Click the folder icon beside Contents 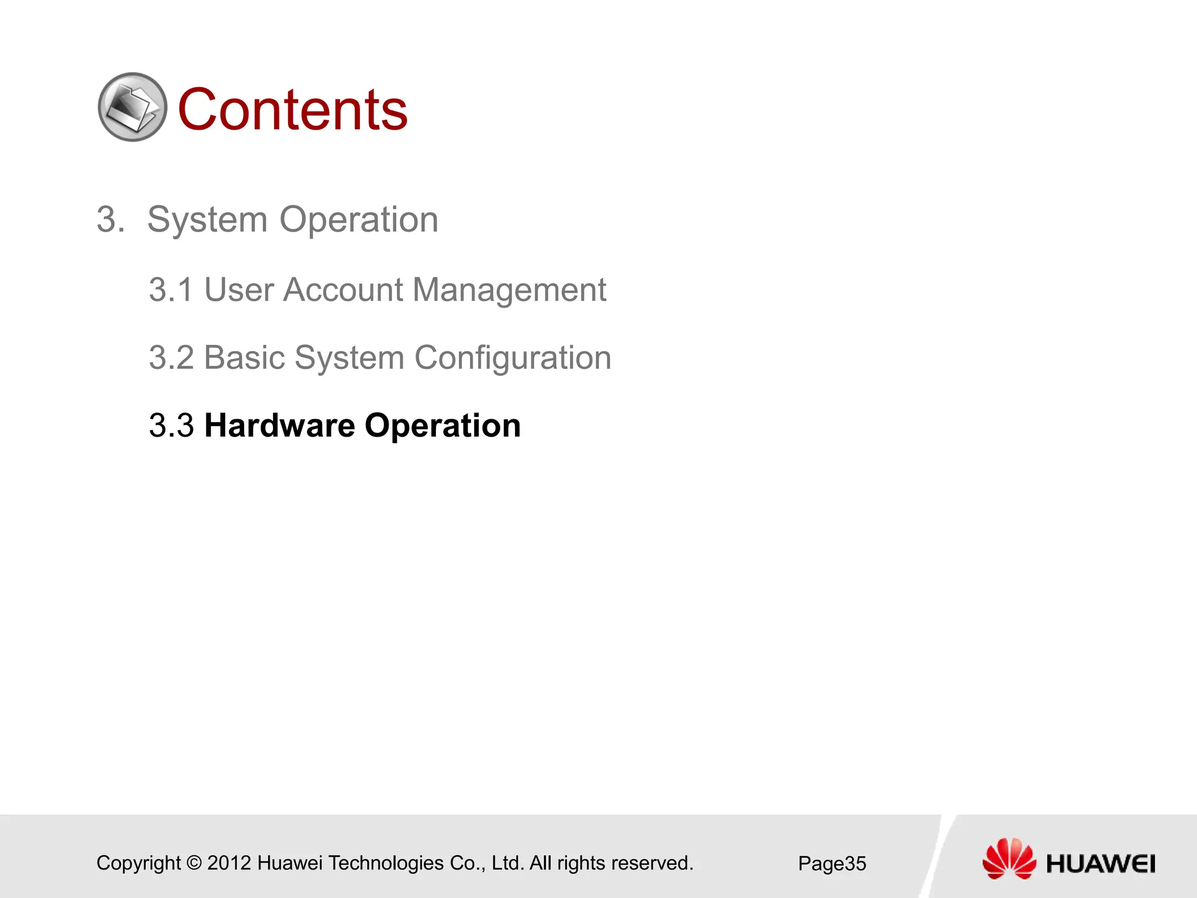point(132,107)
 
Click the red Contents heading point(292,110)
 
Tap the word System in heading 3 point(207,220)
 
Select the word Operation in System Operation point(358,220)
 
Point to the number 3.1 point(171,290)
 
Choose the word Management point(509,290)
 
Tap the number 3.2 point(171,358)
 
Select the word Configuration point(513,358)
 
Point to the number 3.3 point(171,426)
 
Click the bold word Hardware point(279,426)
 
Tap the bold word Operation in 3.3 point(442,426)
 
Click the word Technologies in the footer point(386,863)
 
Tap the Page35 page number point(832,864)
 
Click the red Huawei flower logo point(1009,858)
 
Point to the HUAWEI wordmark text point(1101,864)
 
